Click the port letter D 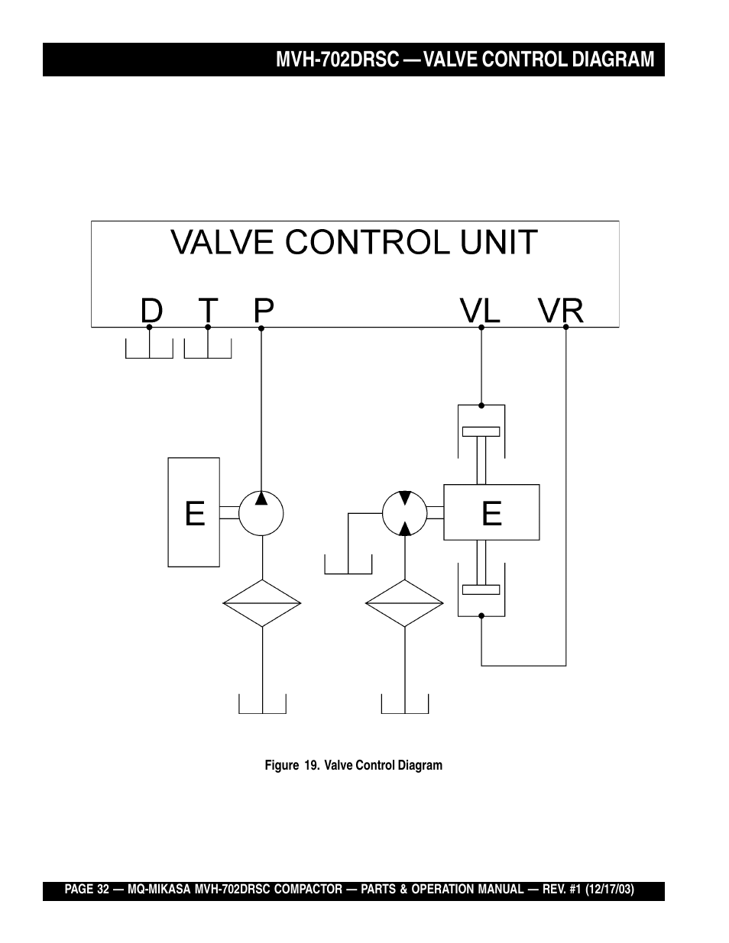click(151, 310)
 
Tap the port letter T click(208, 310)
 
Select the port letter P click(264, 310)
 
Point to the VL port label click(480, 310)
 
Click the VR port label click(561, 310)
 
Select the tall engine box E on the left click(194, 512)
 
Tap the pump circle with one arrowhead click(261, 513)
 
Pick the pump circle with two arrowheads click(405, 513)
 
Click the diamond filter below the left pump click(262, 603)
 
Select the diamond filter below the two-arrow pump click(405, 603)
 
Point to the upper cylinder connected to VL click(481, 432)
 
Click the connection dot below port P click(262, 328)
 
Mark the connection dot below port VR click(566, 327)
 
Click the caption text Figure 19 click(292, 765)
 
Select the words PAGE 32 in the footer click(87, 890)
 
